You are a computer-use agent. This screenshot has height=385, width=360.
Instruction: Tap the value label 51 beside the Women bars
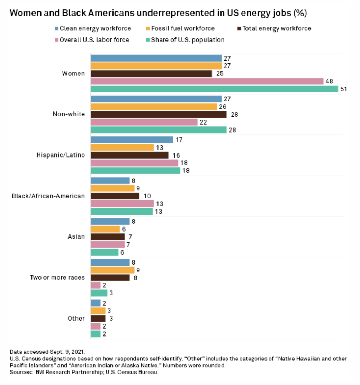(x=343, y=89)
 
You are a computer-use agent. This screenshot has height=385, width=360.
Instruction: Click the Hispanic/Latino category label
(x=61, y=155)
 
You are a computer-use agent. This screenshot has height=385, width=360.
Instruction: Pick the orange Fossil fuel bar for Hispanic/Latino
(x=122, y=147)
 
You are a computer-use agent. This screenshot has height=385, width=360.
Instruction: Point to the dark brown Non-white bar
(x=159, y=114)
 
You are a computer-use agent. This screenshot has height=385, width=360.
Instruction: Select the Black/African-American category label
(x=48, y=196)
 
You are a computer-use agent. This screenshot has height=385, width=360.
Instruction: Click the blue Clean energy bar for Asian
(x=110, y=221)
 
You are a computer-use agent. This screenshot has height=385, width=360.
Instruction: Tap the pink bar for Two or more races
(x=96, y=285)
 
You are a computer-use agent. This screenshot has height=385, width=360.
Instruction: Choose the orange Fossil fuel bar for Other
(x=98, y=311)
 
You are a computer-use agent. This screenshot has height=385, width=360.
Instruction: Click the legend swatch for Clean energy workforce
(x=56, y=28)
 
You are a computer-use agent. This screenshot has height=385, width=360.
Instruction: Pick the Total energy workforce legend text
(x=277, y=28)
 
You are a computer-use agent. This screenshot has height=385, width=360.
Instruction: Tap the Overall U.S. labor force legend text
(x=94, y=40)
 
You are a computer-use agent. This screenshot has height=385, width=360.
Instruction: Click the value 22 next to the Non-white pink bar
(x=203, y=122)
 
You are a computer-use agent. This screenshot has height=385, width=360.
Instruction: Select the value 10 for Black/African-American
(x=147, y=196)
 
